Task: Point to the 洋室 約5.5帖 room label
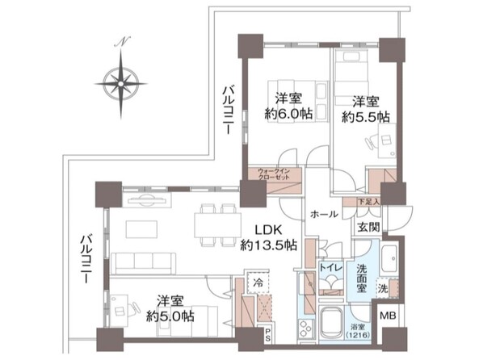pyautogui.click(x=369, y=109)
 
